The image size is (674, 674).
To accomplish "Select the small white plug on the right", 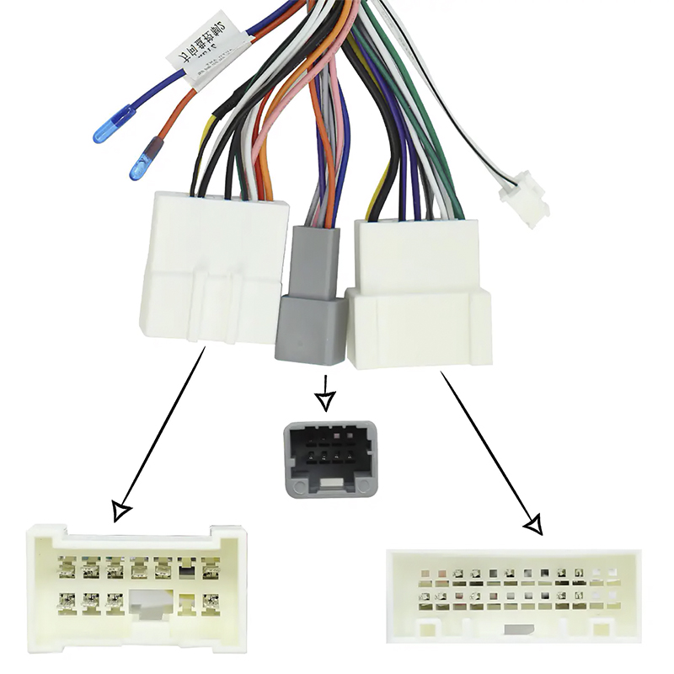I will point(523,202).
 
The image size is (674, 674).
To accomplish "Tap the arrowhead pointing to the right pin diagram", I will point(532,525).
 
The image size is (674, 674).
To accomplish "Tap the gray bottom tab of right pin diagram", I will point(516,629).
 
